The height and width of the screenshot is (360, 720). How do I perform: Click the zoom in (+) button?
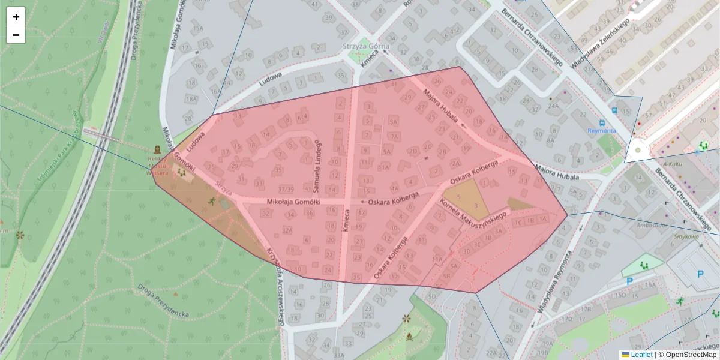(16, 17)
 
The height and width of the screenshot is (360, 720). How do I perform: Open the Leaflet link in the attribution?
(641, 355)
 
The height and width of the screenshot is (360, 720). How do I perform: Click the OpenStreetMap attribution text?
(691, 355)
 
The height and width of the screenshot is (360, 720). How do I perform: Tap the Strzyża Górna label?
(366, 46)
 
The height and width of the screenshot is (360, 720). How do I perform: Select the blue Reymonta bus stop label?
(601, 131)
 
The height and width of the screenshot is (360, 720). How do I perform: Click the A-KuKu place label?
(673, 163)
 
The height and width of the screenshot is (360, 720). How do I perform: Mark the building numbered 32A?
(287, 230)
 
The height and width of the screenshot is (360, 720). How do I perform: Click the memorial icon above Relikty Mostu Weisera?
(157, 148)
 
